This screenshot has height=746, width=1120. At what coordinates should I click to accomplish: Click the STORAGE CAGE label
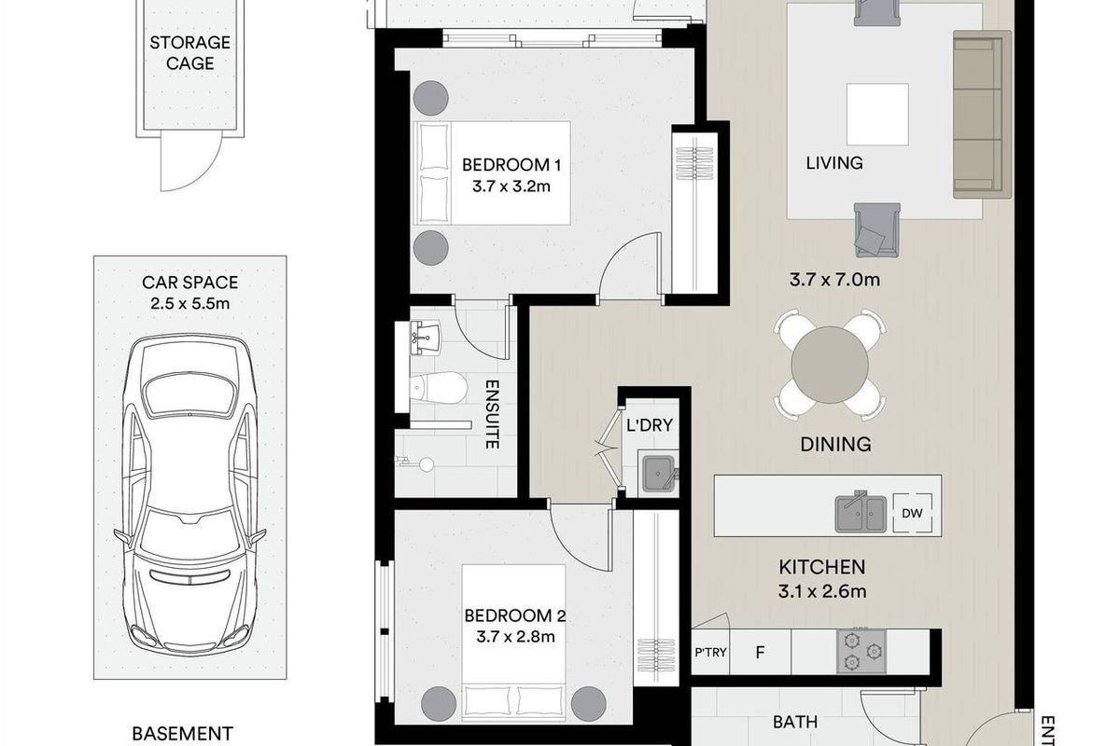point(189,53)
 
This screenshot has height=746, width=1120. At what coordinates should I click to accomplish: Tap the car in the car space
point(190,494)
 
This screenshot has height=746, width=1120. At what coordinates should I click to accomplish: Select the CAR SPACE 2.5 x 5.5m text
point(189,292)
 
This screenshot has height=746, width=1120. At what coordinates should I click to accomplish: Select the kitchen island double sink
point(861,512)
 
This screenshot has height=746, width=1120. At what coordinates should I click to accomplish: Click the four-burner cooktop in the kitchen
point(862,651)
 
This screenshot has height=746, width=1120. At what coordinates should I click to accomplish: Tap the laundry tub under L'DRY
point(659,472)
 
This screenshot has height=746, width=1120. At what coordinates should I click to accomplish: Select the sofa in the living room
point(981,114)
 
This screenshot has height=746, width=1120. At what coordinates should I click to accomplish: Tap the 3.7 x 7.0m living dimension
point(836,278)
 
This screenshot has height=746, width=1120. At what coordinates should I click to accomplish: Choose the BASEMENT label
point(181,734)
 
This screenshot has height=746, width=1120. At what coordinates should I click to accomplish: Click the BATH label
point(795,721)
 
